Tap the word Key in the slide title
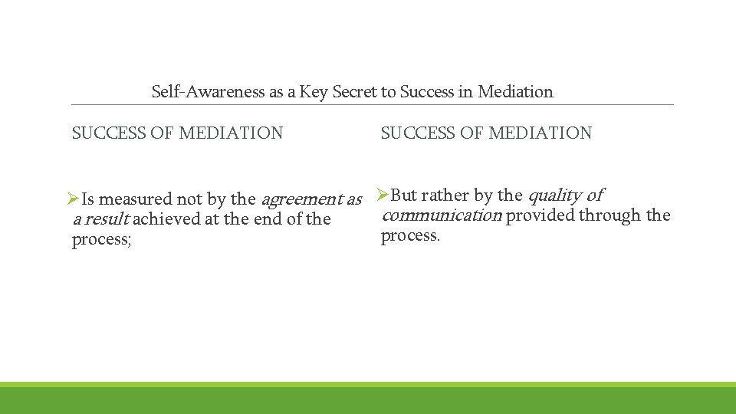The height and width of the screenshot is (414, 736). [314, 92]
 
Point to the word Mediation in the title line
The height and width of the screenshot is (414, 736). [515, 92]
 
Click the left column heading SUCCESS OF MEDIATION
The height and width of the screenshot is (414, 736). [177, 133]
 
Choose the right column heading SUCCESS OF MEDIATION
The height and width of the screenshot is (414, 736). [486, 133]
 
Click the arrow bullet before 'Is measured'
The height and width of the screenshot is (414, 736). [74, 199]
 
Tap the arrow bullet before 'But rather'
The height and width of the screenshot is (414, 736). [384, 195]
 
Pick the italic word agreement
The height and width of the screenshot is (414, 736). [301, 200]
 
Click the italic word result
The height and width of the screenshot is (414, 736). [108, 220]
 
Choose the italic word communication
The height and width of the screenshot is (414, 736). [441, 215]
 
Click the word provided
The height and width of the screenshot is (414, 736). [540, 215]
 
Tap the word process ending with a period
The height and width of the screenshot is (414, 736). [409, 235]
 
